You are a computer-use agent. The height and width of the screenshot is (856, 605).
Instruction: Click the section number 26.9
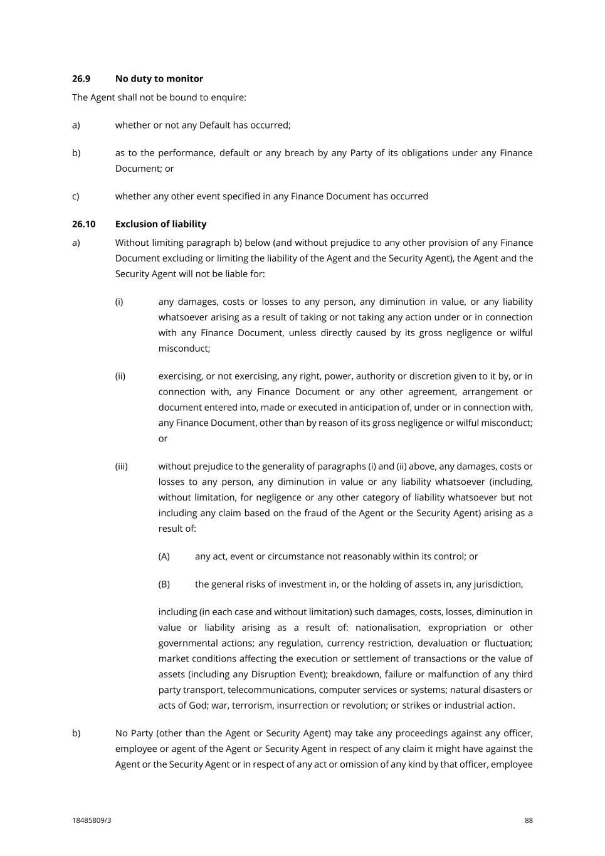pyautogui.click(x=81, y=78)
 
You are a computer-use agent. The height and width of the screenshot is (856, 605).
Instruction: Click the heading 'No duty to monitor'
pyautogui.click(x=159, y=78)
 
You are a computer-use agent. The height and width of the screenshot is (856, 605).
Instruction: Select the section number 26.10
pyautogui.click(x=83, y=224)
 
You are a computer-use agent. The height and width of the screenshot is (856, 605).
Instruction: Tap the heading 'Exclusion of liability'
pyautogui.click(x=160, y=224)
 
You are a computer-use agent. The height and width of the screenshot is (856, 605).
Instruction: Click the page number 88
pyautogui.click(x=529, y=820)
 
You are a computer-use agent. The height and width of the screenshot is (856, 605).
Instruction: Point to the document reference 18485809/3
pyautogui.click(x=92, y=820)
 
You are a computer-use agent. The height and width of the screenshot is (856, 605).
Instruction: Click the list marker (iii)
pyautogui.click(x=121, y=466)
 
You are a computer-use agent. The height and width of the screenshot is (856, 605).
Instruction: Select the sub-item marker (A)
pyautogui.click(x=164, y=556)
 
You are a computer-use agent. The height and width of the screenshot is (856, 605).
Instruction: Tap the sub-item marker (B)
pyautogui.click(x=164, y=584)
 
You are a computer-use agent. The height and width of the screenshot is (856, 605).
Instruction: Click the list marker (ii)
pyautogui.click(x=120, y=376)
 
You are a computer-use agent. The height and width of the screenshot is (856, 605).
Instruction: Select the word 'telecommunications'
pyautogui.click(x=271, y=690)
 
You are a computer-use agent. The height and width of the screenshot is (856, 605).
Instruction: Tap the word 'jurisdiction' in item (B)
pyautogui.click(x=495, y=584)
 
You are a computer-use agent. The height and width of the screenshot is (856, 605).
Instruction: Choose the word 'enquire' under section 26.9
pyautogui.click(x=228, y=97)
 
